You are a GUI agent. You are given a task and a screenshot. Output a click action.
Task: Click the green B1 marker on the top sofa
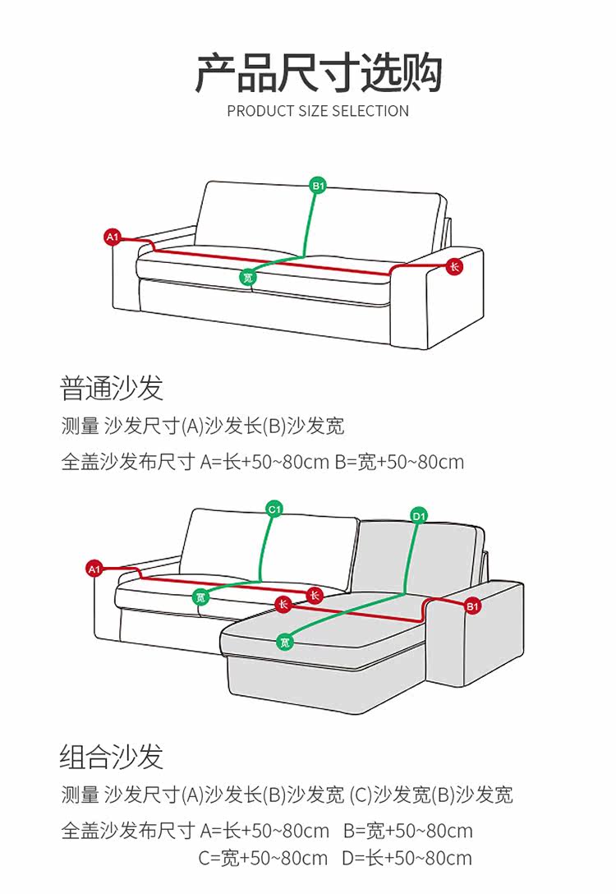pos(318,186)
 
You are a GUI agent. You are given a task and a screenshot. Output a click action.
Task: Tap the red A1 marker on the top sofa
pos(113,237)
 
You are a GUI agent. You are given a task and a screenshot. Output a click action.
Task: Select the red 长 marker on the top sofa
pos(454,266)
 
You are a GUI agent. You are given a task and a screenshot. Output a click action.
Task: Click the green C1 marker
pos(274,509)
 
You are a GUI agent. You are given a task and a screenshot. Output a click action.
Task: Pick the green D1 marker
pos(419,516)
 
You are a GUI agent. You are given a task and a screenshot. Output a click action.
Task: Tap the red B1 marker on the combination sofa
pos(472,606)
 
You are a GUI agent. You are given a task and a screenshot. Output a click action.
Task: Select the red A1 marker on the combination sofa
pos(94,568)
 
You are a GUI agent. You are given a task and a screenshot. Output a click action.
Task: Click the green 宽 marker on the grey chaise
pos(284,641)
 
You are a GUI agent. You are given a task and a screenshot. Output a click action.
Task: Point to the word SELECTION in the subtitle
pos(370,111)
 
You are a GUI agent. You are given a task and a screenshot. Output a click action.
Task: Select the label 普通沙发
pos(112,387)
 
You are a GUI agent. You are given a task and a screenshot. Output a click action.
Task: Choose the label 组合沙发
pos(112,756)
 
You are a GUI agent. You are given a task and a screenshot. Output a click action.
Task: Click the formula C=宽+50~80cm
pos(263,859)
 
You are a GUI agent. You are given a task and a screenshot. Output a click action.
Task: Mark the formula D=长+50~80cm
pos(407,859)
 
